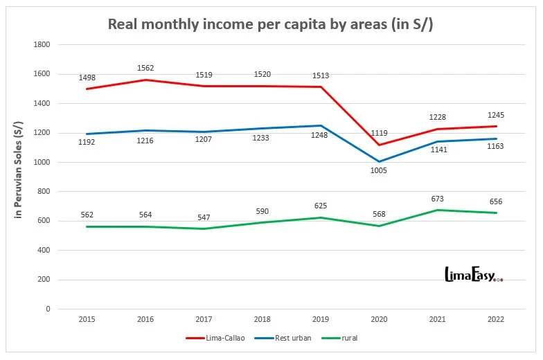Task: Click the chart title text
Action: tap(271, 24)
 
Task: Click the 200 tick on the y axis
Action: tap(44, 280)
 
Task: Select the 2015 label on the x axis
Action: tap(87, 320)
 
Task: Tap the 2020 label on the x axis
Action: tap(378, 320)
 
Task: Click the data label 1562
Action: tap(146, 68)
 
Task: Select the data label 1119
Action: tap(378, 133)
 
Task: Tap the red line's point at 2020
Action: tap(378, 145)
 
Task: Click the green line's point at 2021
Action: tap(436, 210)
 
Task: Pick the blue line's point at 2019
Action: tap(320, 125)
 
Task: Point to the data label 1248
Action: tap(320, 138)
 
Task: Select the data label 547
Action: tap(204, 217)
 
